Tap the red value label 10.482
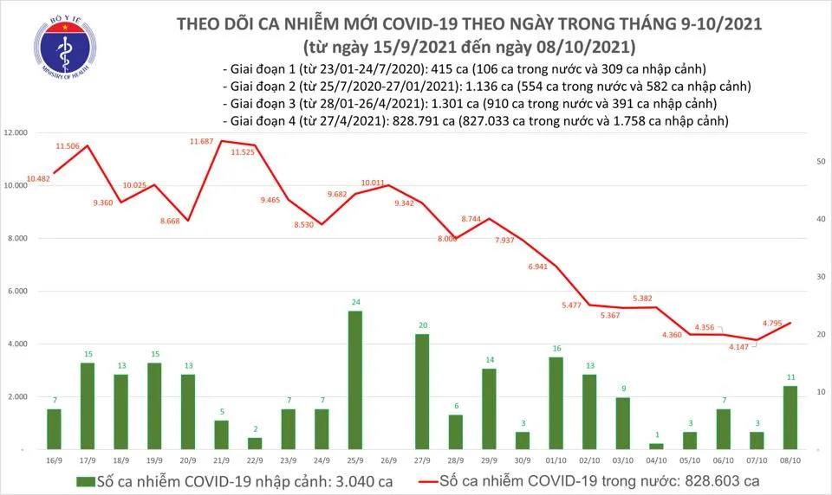coord(39,178)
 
